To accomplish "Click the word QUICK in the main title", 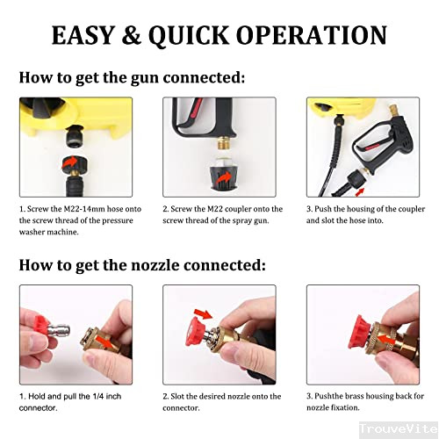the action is (x=189, y=35).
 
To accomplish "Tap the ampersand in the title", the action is (x=132, y=35).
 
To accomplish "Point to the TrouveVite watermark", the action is (x=399, y=428).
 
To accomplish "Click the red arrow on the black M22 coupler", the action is (x=224, y=177).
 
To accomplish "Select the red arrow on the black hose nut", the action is (x=69, y=162).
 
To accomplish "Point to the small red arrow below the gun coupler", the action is (x=360, y=192).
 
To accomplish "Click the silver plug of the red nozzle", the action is (x=60, y=330).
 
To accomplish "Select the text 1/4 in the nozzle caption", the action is (x=98, y=397).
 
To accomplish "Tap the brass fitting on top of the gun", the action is (x=392, y=112).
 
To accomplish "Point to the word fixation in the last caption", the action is (x=345, y=407).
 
